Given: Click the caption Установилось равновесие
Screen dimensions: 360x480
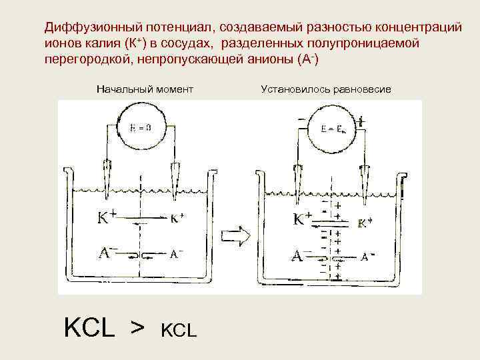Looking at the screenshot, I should (326, 89).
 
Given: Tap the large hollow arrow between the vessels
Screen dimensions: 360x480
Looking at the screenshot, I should (237, 235).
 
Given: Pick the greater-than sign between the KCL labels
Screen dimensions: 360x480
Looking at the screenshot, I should (137, 327).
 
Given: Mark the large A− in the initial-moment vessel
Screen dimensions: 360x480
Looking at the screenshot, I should (107, 253).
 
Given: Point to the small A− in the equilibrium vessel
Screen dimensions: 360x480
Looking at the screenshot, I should (369, 255).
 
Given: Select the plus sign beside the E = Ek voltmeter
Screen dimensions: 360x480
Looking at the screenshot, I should (361, 122).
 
